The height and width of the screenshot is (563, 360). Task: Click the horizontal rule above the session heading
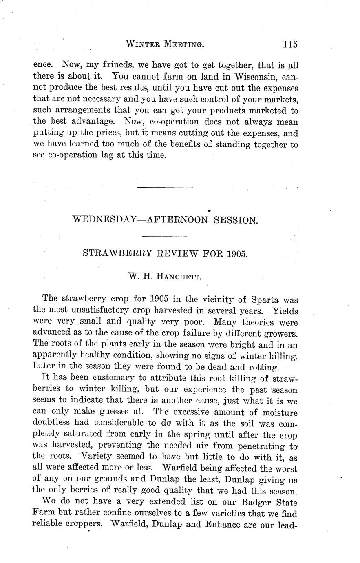[x=165, y=188]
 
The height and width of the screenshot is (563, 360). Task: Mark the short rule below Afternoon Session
[x=165, y=236]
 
